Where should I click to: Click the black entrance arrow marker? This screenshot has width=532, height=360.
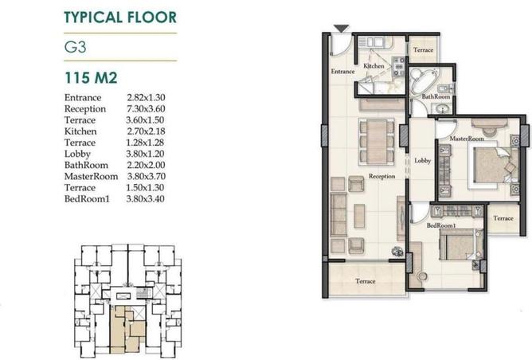point(341,29)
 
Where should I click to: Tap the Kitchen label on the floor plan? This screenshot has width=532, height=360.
point(374,66)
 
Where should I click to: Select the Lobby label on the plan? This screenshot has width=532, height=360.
point(422,161)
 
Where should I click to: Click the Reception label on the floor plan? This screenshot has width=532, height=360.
point(381,176)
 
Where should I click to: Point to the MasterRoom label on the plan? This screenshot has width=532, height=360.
point(467,139)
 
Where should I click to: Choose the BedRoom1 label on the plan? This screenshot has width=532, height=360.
point(441,225)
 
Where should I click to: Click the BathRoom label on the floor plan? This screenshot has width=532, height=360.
point(436,96)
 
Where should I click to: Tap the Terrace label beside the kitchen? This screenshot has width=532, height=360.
point(423,50)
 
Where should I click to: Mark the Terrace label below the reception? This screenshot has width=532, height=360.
point(365,281)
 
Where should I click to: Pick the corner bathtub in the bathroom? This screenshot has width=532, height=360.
point(420,81)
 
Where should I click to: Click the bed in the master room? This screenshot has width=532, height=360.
point(493,165)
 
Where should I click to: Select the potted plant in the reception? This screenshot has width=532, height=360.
point(397,252)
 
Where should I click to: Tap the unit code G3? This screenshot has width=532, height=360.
point(75,47)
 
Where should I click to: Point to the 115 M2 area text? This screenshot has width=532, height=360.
point(91,78)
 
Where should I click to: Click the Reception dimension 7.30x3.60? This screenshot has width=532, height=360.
point(146,108)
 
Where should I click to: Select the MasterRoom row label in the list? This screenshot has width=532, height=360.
point(92,176)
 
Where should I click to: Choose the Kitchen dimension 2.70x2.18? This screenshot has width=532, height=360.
point(146,131)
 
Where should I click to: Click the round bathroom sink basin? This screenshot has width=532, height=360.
point(442,109)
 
